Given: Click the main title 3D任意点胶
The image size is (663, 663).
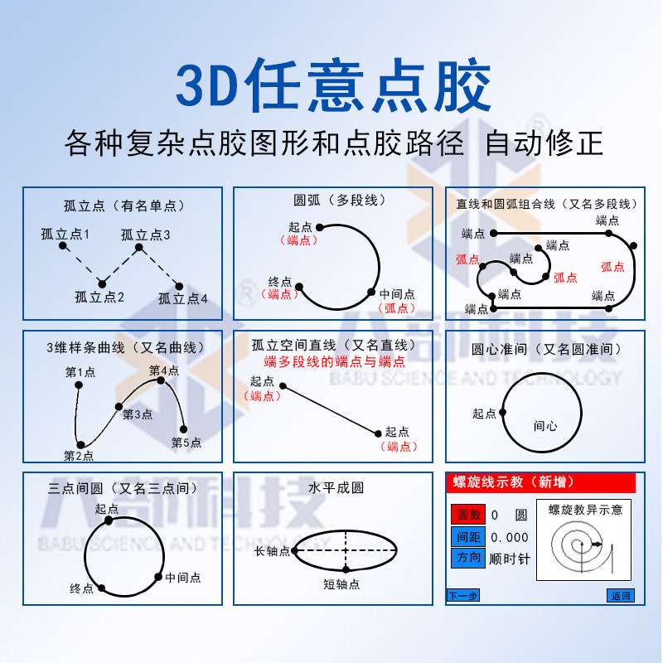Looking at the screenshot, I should [x=331, y=85].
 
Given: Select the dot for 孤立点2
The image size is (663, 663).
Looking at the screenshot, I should [x=101, y=282].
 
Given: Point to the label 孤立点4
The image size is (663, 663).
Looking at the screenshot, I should [x=183, y=299].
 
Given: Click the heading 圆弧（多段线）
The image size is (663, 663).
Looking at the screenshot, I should [x=340, y=201].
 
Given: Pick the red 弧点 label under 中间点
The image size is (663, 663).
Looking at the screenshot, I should [x=397, y=307].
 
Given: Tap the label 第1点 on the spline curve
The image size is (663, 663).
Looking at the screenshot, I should [x=80, y=373].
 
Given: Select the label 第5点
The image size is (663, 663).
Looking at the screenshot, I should [x=186, y=443].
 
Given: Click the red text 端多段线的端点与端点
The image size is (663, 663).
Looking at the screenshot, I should [x=335, y=361].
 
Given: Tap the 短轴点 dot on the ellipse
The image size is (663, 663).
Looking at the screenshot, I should [x=346, y=569].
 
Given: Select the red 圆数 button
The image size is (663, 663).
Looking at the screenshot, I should [x=465, y=515].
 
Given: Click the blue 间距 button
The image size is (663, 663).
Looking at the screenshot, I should [x=465, y=536].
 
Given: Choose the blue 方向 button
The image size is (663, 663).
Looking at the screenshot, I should [x=466, y=558].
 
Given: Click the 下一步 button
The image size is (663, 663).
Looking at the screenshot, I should [x=462, y=595].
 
